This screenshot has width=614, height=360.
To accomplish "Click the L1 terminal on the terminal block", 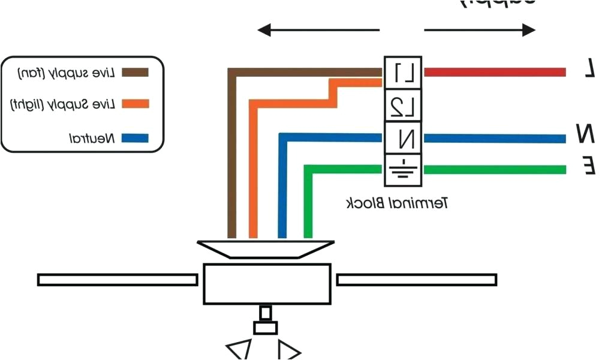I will [403, 73].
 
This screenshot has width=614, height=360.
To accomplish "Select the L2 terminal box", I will [403, 106].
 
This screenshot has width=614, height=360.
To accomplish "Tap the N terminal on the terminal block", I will [403, 138].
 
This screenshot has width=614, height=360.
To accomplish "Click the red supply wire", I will [495, 73].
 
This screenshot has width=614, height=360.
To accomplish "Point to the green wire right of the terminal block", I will [495, 170].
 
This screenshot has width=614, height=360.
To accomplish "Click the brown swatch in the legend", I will [135, 73].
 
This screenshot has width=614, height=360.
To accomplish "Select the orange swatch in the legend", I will [135, 104].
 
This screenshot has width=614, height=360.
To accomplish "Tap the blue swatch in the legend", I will [135, 138].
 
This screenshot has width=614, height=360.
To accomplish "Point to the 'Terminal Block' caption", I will [397, 203].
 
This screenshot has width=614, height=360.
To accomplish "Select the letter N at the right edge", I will [586, 133].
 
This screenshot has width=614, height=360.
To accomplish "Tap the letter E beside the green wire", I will [589, 165].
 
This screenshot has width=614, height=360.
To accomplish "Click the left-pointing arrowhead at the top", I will [265, 30].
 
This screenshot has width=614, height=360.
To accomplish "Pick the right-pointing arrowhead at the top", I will [528, 30].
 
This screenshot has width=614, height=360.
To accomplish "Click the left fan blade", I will [118, 280].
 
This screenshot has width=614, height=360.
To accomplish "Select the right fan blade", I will [416, 280].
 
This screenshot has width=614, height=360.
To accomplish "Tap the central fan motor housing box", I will [267, 284].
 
